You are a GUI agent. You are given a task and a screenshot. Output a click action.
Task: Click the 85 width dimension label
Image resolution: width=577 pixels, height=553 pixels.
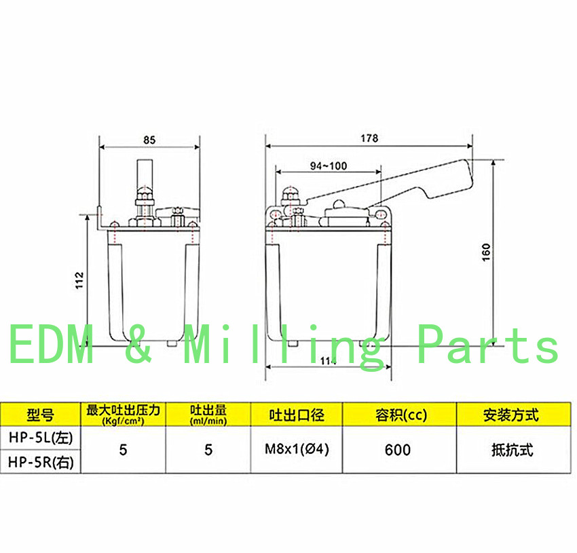[149, 140]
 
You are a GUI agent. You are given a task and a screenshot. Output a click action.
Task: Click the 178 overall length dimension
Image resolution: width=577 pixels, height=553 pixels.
[369, 138]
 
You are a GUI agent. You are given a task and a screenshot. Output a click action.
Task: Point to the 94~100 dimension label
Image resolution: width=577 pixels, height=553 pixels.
[329, 166]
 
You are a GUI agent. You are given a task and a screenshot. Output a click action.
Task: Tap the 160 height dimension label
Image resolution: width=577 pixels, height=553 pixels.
[486, 252]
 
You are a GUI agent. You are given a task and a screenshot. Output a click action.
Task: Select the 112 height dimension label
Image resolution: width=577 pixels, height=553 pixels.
[79, 280]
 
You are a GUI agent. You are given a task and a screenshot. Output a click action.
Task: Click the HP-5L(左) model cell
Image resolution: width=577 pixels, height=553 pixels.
[41, 438]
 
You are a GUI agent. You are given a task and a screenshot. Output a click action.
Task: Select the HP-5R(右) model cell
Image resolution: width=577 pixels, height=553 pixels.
[41, 462]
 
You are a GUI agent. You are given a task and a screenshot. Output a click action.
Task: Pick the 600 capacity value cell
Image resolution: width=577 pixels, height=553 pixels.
[398, 450]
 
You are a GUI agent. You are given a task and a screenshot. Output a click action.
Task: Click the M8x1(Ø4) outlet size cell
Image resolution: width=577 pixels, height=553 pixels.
[297, 449]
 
